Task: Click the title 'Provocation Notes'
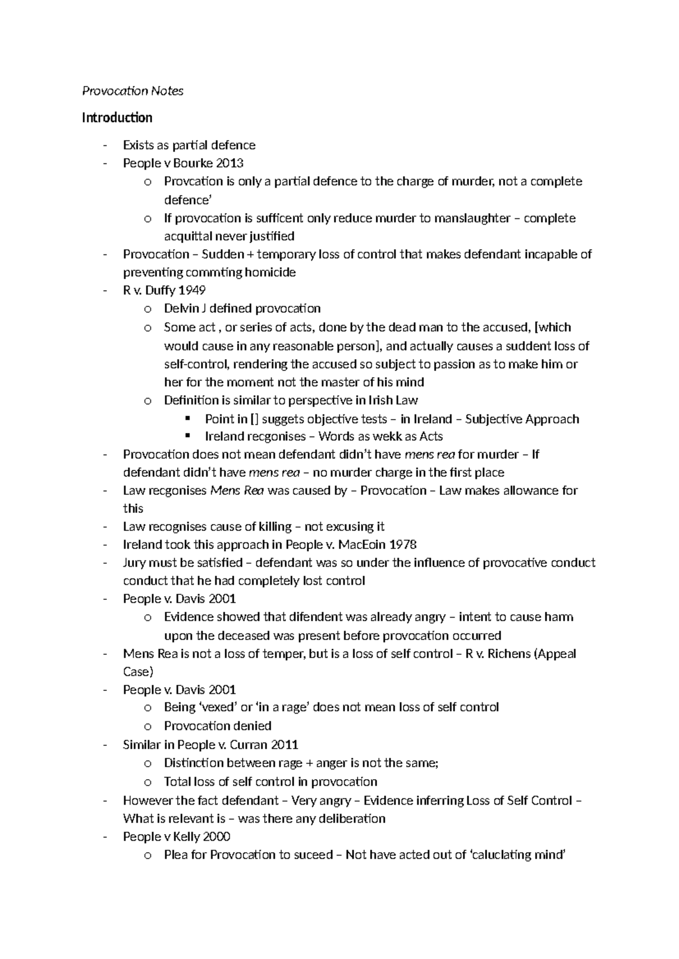click(x=133, y=91)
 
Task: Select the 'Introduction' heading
click(x=117, y=118)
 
